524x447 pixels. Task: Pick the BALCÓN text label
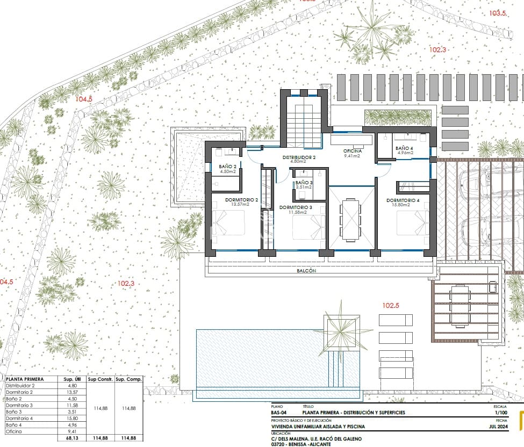pyautogui.click(x=306, y=271)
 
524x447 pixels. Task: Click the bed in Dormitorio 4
pyautogui.click(x=413, y=226)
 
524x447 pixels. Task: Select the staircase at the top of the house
pyautogui.click(x=304, y=121)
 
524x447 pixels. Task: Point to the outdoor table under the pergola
pyautogui.click(x=459, y=306)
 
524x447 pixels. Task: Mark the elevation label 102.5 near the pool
pyautogui.click(x=391, y=306)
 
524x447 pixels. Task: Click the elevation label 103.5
pyautogui.click(x=497, y=13)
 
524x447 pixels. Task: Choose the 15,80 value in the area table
pyautogui.click(x=72, y=418)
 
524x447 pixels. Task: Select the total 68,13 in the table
pyautogui.click(x=71, y=438)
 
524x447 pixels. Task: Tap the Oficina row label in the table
pyautogui.click(x=15, y=431)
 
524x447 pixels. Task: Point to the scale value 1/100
pyautogui.click(x=500, y=413)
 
